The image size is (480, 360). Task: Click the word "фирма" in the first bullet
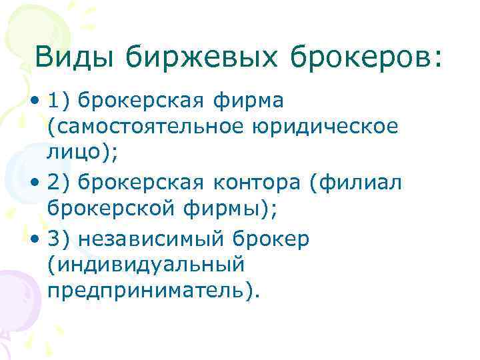[x=249, y=101]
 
